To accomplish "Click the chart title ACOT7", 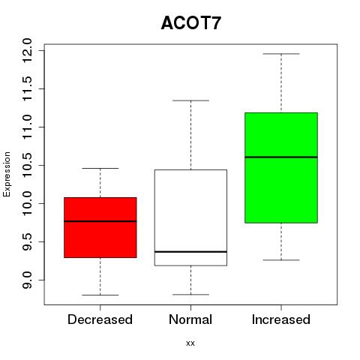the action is click(191, 23).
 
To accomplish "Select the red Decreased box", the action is click(100, 227).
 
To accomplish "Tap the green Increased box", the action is click(281, 168).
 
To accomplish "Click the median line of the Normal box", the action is click(190, 252).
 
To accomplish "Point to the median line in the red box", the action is click(100, 221).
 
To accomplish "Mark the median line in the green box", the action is click(281, 157).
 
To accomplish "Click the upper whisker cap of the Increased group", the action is click(281, 54).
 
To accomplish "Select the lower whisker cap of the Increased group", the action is click(281, 260).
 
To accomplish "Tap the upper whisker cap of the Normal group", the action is click(190, 100).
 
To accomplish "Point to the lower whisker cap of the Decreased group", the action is click(100, 295).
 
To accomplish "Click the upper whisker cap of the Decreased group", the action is click(100, 168).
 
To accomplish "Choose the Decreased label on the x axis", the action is click(100, 319).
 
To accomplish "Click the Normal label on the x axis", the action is click(190, 319).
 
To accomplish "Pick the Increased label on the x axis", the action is click(281, 319).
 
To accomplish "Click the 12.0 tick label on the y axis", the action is click(27, 51).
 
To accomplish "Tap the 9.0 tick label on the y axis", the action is click(27, 280).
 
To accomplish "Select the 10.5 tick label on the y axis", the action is click(27, 166).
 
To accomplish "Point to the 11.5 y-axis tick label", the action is click(27, 89).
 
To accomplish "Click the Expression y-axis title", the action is click(7, 174).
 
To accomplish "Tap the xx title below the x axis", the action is click(190, 343).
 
